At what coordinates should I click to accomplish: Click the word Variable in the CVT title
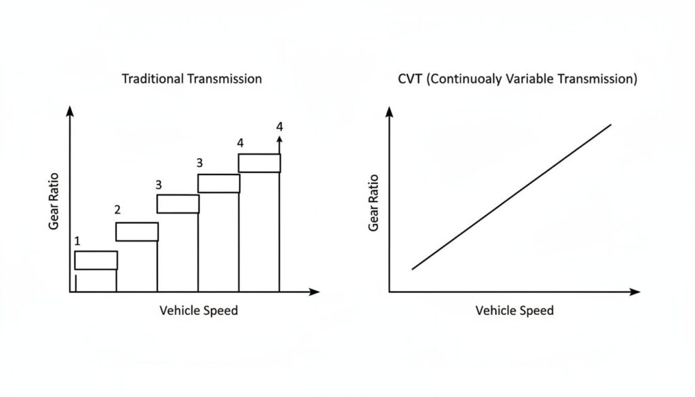(x=531, y=79)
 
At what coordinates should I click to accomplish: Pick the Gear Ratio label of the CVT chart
(x=373, y=202)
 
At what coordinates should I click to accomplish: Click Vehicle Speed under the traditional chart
(x=199, y=311)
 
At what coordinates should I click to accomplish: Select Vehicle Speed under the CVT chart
(x=514, y=311)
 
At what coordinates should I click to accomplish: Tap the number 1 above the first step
(x=77, y=241)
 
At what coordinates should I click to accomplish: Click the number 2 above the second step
(x=117, y=210)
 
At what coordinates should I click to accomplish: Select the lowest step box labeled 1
(x=96, y=260)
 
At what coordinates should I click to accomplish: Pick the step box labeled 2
(x=136, y=231)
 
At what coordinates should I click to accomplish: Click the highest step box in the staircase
(x=259, y=163)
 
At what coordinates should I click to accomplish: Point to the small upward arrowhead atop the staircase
(x=280, y=138)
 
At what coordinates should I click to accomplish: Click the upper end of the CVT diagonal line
(x=611, y=124)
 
